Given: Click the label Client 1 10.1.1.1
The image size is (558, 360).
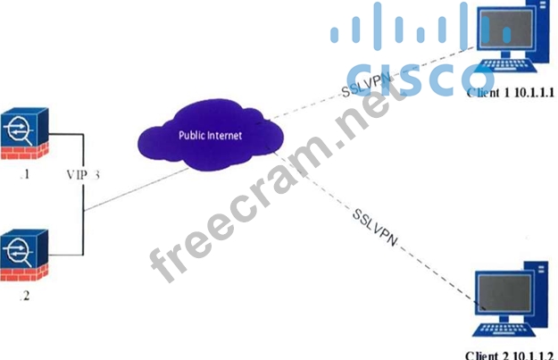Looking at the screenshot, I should pyautogui.click(x=508, y=91).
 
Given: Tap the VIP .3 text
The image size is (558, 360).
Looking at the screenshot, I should pyautogui.click(x=83, y=175).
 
